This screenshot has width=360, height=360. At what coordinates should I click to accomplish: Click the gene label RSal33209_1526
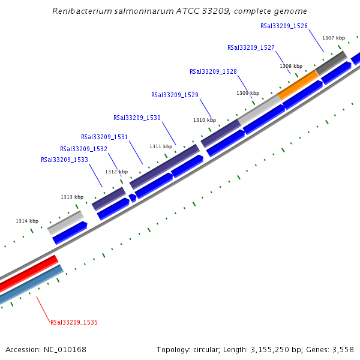coord(284,26)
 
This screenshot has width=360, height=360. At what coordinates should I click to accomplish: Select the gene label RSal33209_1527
coord(251,47)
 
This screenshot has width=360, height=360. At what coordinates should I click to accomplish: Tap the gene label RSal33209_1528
coord(213,71)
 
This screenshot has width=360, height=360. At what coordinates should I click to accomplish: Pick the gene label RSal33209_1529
coord(175,95)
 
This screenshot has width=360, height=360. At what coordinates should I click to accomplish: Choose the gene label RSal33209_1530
coord(137,118)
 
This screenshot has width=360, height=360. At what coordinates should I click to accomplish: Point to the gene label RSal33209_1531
coord(104,137)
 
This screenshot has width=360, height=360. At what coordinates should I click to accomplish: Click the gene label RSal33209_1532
coord(83,149)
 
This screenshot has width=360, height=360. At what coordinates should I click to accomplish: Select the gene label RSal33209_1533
coord(64,160)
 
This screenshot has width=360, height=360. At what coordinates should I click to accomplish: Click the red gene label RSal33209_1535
coord(74,322)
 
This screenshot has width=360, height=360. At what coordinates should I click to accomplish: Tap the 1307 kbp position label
coord(333,38)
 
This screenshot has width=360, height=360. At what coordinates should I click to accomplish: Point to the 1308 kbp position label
coord(290,66)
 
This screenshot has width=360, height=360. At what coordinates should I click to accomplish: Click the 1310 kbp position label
coord(204,120)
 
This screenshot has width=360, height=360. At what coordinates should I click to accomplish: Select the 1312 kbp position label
coord(116,172)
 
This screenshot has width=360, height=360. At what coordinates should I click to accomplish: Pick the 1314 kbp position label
coord(27,221)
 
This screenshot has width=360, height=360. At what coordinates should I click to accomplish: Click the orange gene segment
coord(298,85)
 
